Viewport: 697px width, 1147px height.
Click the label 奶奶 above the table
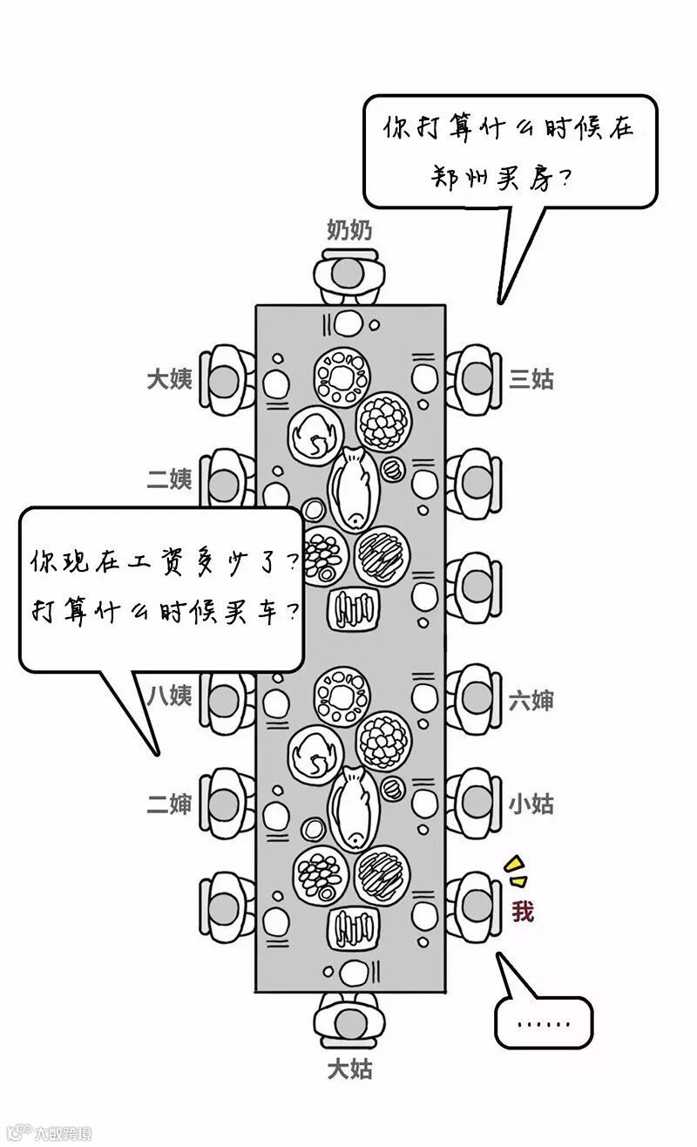349,230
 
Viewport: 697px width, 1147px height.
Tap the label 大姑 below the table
349,1069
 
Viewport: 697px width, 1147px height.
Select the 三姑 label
531,379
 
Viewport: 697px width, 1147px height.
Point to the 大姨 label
169,379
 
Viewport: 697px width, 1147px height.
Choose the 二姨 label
169,478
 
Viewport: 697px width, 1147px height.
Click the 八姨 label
169,696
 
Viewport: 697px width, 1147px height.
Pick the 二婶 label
169,804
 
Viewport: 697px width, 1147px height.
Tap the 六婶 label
531,699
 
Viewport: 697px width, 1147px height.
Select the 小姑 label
531,804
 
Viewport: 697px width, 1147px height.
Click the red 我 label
523,913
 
